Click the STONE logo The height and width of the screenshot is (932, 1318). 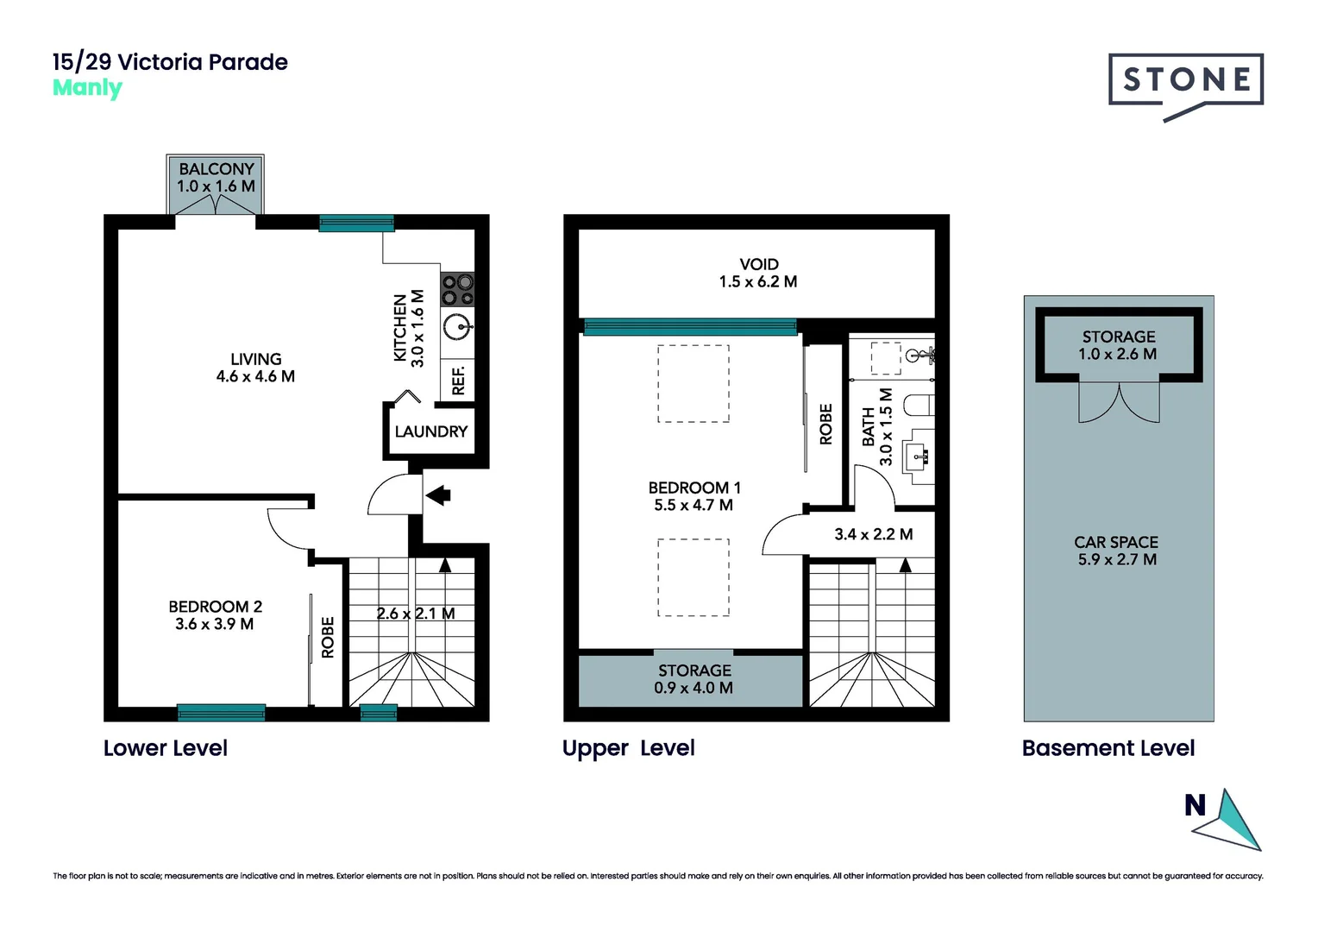(1186, 81)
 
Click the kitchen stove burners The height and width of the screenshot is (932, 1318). (457, 289)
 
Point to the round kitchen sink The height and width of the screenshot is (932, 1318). (457, 327)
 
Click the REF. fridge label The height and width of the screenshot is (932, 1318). (458, 380)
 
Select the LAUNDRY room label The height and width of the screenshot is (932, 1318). (430, 431)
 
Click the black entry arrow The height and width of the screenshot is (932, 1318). (438, 494)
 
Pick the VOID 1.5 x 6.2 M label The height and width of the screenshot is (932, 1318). (758, 273)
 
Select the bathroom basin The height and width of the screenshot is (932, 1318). (917, 454)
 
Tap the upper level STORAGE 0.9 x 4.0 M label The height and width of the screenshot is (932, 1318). (694, 679)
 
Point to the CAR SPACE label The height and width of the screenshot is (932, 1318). (1116, 551)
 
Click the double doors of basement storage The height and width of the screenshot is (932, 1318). (1119, 402)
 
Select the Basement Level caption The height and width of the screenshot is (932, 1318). (1108, 748)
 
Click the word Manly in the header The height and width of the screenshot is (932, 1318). (87, 88)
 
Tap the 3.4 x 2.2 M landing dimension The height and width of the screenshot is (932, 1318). (873, 534)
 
